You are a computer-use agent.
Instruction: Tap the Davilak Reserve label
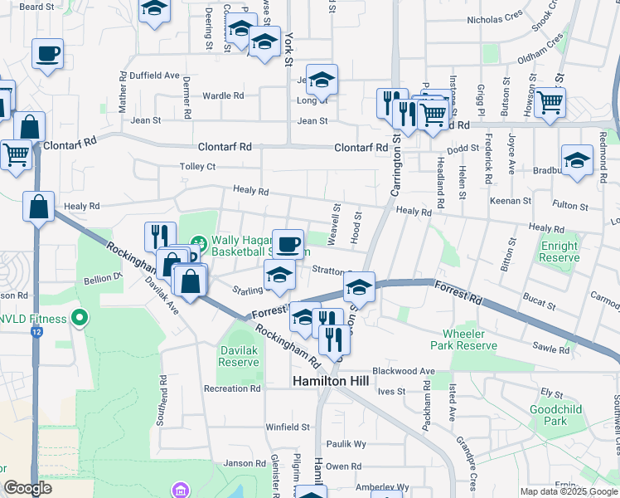tap(240, 356)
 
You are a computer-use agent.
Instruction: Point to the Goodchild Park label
tap(550, 415)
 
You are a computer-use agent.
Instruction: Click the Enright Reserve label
tap(559, 251)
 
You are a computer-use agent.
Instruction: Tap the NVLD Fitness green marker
tap(80, 316)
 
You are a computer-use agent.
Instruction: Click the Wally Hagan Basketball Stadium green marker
tap(198, 244)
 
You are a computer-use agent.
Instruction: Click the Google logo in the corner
tap(28, 488)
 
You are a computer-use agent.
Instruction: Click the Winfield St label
tap(288, 427)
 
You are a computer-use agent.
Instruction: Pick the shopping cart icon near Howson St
tap(550, 102)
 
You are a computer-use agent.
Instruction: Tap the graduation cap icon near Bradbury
tap(577, 160)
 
